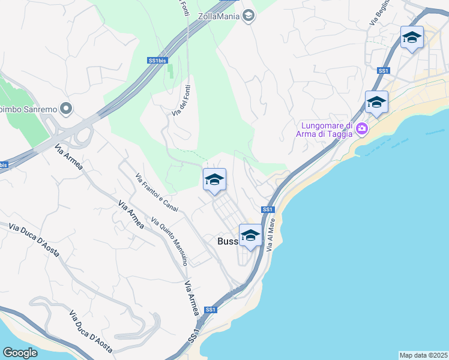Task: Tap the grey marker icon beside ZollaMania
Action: tap(249, 16)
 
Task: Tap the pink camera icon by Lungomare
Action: tap(361, 128)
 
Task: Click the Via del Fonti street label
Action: tap(182, 100)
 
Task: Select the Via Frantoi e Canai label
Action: tap(157, 192)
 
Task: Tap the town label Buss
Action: tap(228, 241)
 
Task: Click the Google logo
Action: tap(20, 353)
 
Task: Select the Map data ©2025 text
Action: tap(423, 355)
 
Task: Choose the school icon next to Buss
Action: tap(250, 235)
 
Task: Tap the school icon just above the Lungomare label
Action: tap(376, 102)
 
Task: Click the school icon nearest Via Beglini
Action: tap(412, 38)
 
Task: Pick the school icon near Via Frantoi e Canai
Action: tap(214, 180)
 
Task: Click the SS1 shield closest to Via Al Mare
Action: tap(268, 209)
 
